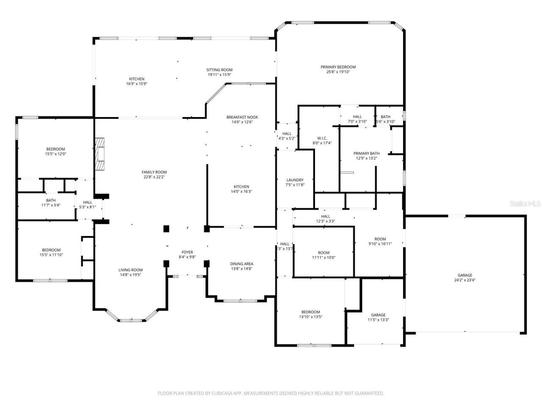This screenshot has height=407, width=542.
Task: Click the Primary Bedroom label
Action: [338, 67]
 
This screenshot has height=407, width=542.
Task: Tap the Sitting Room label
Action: [219, 70]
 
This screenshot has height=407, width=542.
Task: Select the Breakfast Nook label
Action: [242, 117]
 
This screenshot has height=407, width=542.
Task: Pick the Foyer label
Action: [187, 252]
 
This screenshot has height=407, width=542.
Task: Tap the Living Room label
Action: [130, 270]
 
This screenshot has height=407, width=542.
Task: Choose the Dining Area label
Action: [242, 264]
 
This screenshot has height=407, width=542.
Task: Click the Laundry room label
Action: [295, 180]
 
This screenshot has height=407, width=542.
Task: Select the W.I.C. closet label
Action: [322, 138]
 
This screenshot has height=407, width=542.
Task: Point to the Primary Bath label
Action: [366, 153]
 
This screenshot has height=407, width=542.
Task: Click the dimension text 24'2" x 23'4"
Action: [465, 280]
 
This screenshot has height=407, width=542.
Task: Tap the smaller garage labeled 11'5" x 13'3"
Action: [378, 317]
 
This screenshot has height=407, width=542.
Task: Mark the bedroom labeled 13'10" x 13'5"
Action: [310, 314]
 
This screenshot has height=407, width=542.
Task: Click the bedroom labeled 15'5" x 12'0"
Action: [55, 151]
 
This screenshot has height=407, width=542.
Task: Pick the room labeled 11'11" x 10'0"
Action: [324, 255]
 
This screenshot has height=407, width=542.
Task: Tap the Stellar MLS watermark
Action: [525, 204]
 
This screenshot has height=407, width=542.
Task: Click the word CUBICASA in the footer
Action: [223, 393]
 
